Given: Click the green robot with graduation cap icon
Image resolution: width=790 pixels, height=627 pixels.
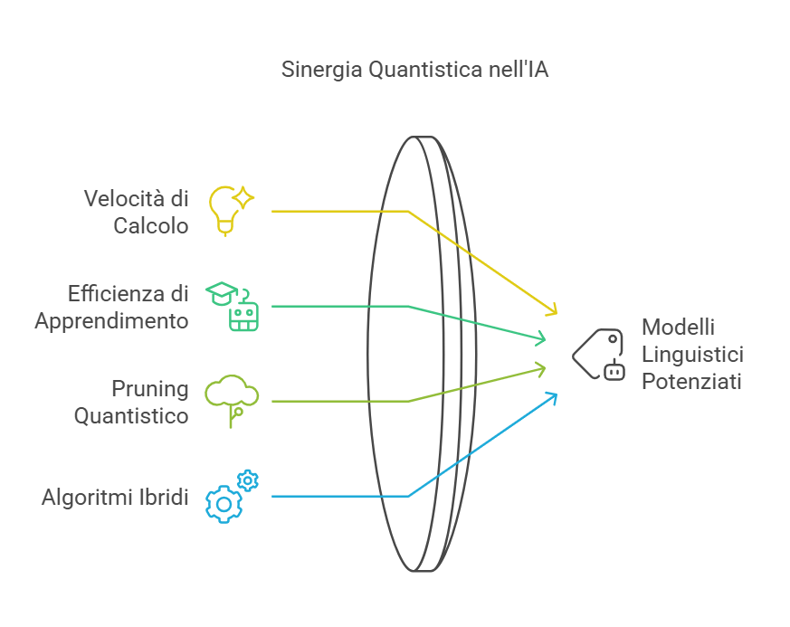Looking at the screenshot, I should [x=236, y=306].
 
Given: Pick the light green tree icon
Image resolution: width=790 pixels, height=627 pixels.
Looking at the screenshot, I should [x=232, y=399].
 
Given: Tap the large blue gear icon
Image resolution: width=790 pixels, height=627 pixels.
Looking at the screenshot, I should [x=223, y=503].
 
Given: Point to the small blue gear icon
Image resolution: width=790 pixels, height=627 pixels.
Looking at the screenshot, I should [x=248, y=480].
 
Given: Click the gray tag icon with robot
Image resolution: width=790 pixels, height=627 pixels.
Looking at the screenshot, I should [x=599, y=354].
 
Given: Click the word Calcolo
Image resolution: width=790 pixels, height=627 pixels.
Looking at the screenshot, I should [x=151, y=225].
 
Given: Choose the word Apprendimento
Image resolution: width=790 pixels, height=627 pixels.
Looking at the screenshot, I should [x=111, y=321].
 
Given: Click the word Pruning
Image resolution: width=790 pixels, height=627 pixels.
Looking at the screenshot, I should [x=150, y=389].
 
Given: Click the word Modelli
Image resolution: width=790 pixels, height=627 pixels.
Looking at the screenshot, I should [x=678, y=326].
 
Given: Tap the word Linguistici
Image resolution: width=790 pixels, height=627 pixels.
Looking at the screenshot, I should [x=692, y=354].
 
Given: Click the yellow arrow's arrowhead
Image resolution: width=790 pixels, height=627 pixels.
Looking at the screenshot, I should [x=552, y=311].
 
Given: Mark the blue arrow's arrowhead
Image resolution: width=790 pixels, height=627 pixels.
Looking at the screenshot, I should [x=552, y=396].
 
